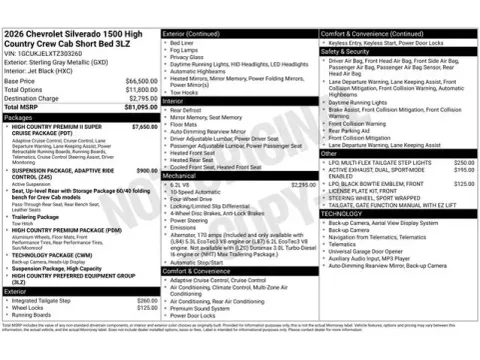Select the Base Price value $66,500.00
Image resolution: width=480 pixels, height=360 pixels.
point(141,80)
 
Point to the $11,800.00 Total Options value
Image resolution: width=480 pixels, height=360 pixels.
point(141,89)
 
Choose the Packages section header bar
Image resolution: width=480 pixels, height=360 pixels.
point(80,117)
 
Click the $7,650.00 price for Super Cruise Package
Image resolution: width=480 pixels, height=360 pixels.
point(144,127)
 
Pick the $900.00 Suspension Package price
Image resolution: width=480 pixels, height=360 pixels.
point(146,171)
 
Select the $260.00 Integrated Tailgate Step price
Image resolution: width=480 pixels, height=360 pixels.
point(147,300)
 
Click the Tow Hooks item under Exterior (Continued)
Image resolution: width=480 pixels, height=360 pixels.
point(184,91)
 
